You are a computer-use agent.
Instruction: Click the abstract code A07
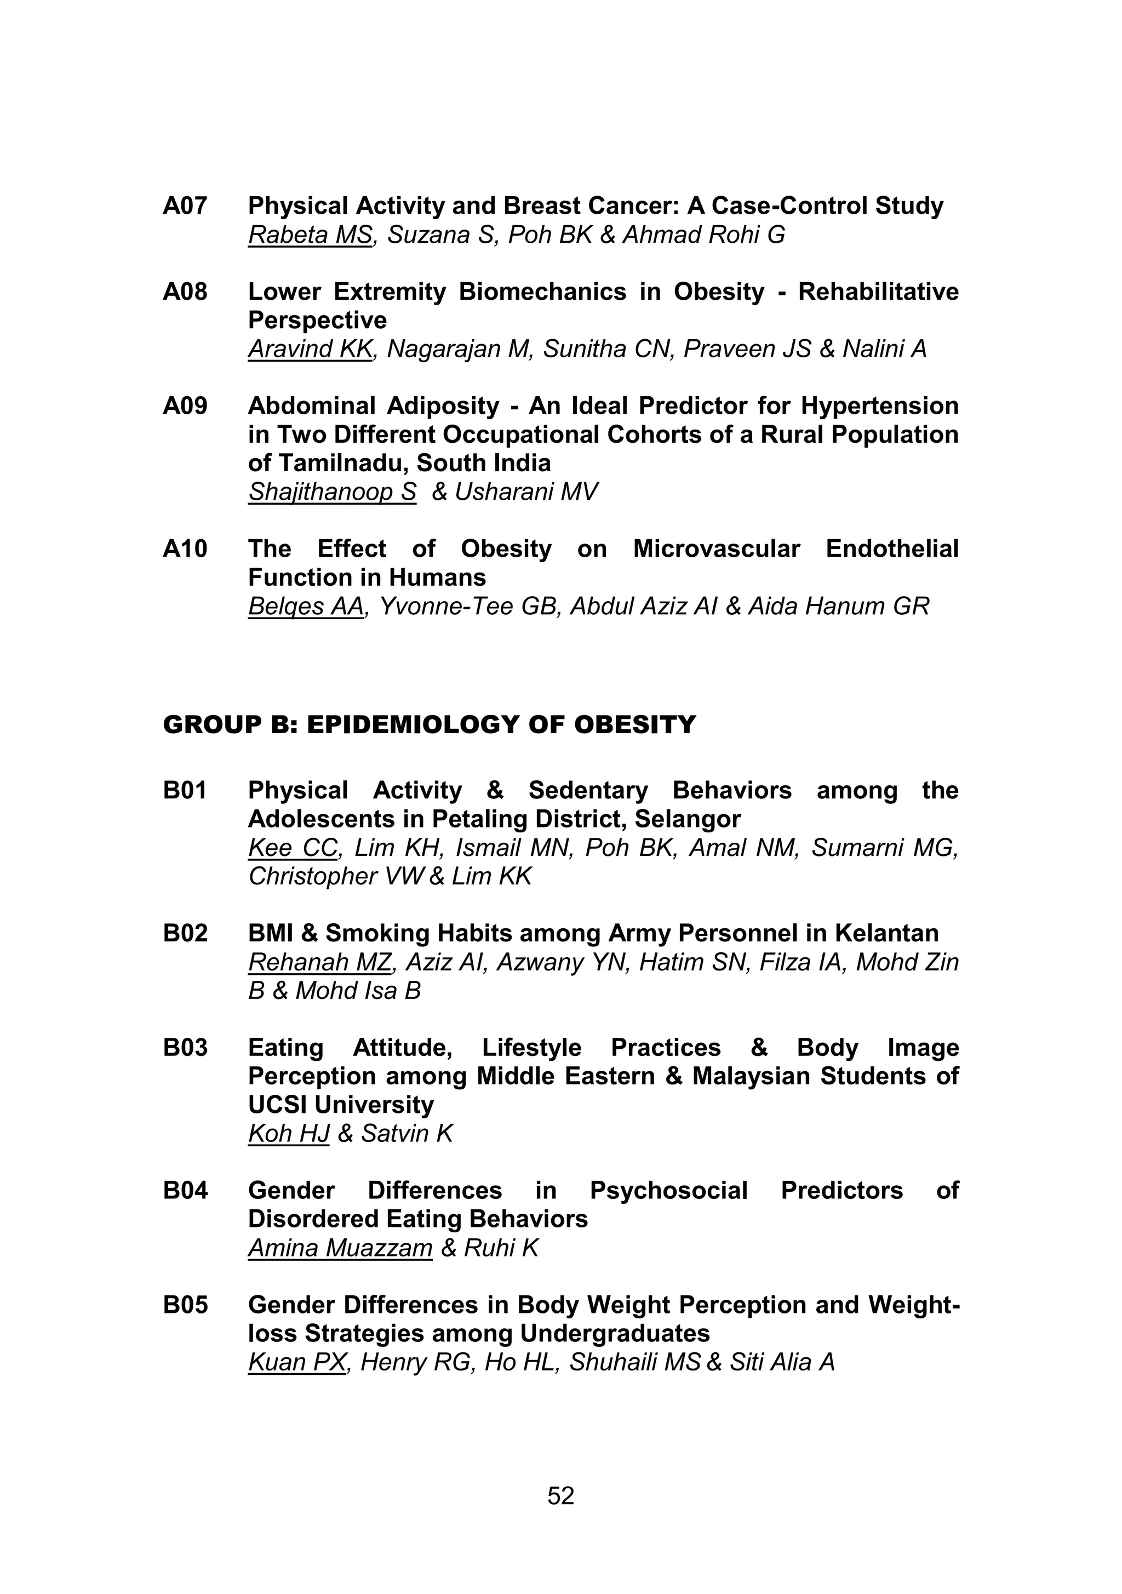tap(185, 206)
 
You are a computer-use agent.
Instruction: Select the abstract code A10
tap(185, 549)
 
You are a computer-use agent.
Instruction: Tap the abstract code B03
tap(185, 1048)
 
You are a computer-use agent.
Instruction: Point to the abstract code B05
tap(185, 1305)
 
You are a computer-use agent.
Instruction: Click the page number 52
tap(560, 1495)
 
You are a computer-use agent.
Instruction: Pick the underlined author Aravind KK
tap(310, 349)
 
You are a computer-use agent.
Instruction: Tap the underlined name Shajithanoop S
tap(332, 492)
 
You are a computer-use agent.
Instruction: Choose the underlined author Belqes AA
tap(306, 607)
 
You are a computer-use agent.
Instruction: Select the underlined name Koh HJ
tap(288, 1134)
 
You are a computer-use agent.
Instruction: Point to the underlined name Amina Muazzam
tap(340, 1248)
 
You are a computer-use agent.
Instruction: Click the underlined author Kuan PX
tap(296, 1362)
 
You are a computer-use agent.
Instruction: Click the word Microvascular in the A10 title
tap(716, 549)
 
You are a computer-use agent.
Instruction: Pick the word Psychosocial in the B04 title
tap(668, 1191)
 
